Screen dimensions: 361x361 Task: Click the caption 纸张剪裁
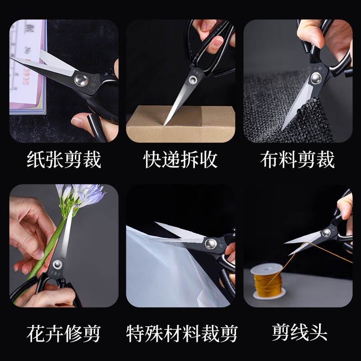click(x=63, y=160)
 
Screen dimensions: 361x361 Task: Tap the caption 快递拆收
click(x=180, y=160)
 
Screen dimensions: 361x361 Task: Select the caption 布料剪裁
click(x=297, y=160)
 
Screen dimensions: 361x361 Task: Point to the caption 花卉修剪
click(x=63, y=334)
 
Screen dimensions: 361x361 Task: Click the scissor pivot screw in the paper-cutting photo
click(x=81, y=80)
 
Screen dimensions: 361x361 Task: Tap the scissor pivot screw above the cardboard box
click(x=193, y=79)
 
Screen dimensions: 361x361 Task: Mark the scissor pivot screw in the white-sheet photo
click(x=209, y=244)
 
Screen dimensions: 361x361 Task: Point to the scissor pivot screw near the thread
click(x=326, y=233)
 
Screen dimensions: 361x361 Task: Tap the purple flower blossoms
click(x=83, y=195)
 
